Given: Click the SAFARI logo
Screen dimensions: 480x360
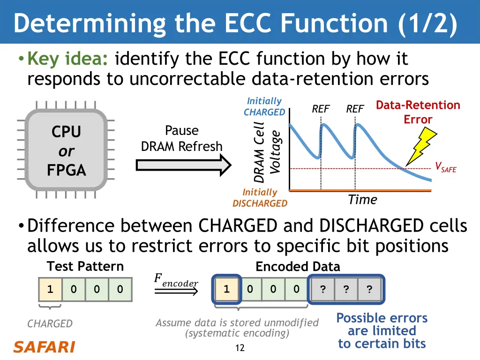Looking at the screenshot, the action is (x=44, y=347).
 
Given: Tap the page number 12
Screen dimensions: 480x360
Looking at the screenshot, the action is (x=240, y=348).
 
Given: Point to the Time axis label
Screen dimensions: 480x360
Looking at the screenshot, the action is (x=362, y=200).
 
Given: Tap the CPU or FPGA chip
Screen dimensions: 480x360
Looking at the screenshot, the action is (x=66, y=150).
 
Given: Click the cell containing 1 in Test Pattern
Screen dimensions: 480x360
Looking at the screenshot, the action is (x=50, y=289).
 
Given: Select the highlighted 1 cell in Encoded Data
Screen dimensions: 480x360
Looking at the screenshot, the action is (x=226, y=289).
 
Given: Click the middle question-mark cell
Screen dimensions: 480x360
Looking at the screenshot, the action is (x=345, y=289).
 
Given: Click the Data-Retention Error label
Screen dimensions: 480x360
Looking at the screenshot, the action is (x=418, y=112).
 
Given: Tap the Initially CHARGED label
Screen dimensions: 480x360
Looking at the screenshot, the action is (x=264, y=106).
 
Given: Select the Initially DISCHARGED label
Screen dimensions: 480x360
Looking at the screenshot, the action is (x=260, y=198).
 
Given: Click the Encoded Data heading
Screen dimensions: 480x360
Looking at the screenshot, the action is (x=298, y=267).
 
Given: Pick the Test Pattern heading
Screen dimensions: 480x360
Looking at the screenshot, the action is (x=85, y=266).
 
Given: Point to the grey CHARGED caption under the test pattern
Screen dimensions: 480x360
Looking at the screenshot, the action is (x=50, y=323).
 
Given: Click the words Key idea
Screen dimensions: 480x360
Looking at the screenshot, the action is (x=68, y=60).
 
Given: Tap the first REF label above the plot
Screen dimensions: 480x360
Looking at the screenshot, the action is (x=321, y=109).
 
